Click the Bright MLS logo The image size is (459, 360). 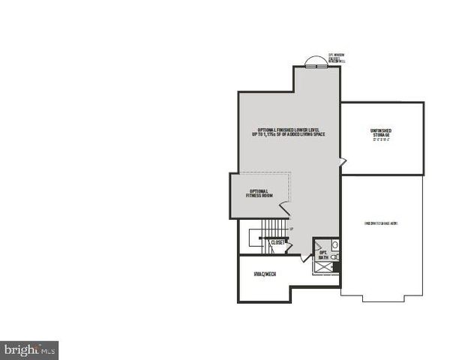click(29, 349)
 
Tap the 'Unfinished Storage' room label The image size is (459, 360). click(381, 133)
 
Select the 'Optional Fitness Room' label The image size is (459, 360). click(261, 193)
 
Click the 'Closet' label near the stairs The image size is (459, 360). click(277, 243)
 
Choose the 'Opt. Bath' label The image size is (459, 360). click(324, 255)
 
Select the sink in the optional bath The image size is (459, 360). click(334, 245)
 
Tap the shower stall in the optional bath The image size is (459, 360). click(336, 266)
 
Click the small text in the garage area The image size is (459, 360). click(381, 223)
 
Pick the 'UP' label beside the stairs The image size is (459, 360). click(291, 228)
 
